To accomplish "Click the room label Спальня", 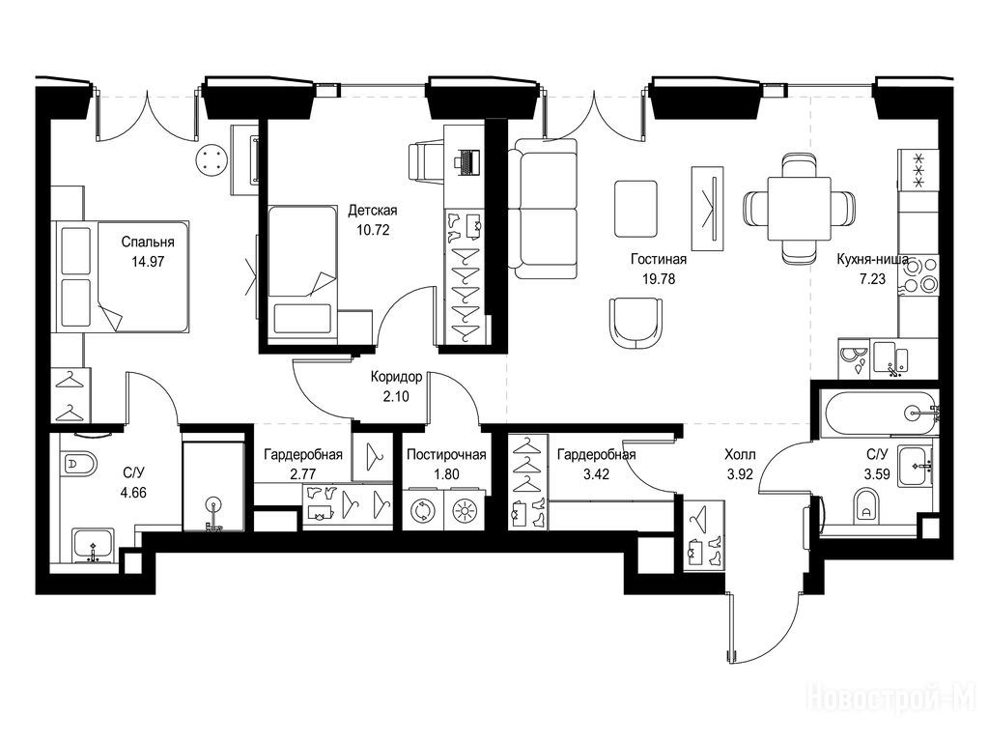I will click(147, 243).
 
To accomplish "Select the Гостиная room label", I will click(658, 259).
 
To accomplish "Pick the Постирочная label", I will click(445, 456).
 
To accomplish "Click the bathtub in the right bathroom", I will click(880, 414).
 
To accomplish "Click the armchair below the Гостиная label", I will click(636, 324).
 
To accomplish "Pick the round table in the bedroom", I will click(212, 159).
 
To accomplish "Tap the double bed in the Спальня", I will click(120, 276).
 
